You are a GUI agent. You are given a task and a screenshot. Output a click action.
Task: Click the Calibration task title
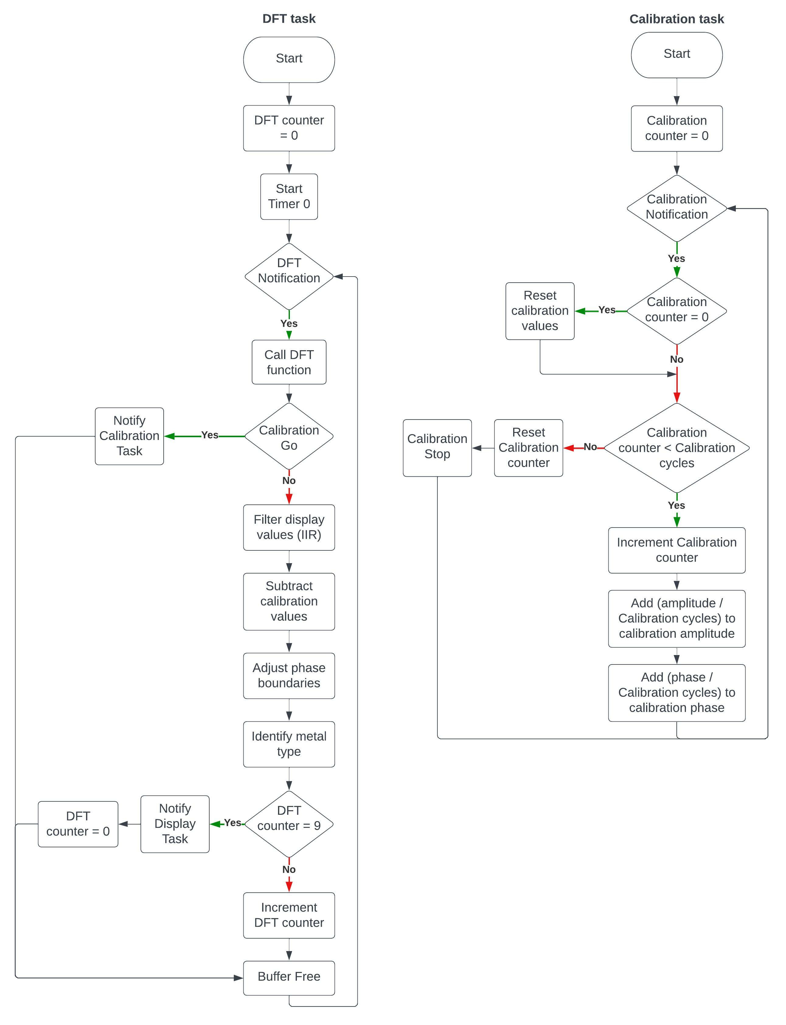[x=676, y=19]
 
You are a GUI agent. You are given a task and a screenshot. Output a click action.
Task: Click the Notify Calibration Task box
[x=129, y=436]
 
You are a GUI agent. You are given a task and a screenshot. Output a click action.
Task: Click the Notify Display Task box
[x=175, y=824]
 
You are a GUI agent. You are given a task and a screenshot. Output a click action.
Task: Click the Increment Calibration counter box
[x=676, y=550]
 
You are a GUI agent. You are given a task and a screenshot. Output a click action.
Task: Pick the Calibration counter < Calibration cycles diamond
[x=676, y=448]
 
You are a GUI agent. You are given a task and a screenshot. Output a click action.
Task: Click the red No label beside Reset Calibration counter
[x=590, y=447]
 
